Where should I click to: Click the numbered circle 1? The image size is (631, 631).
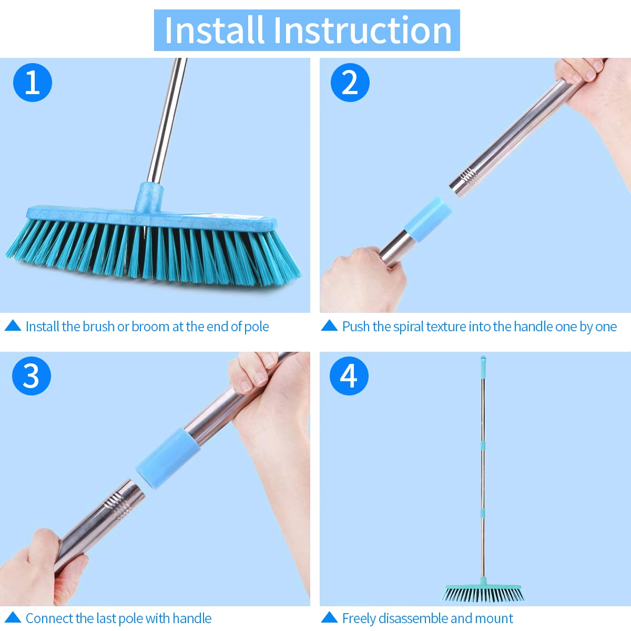click(x=33, y=83)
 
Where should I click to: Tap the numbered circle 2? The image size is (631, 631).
click(x=350, y=83)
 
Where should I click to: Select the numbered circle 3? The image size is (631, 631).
click(x=32, y=376)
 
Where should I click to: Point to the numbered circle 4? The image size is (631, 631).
click(x=349, y=376)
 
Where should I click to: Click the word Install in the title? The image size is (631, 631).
click(x=215, y=30)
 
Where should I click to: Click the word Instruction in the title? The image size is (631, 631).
click(x=363, y=30)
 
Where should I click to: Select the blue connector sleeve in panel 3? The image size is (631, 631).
click(x=168, y=458)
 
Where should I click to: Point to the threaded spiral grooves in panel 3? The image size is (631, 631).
click(x=117, y=504)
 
